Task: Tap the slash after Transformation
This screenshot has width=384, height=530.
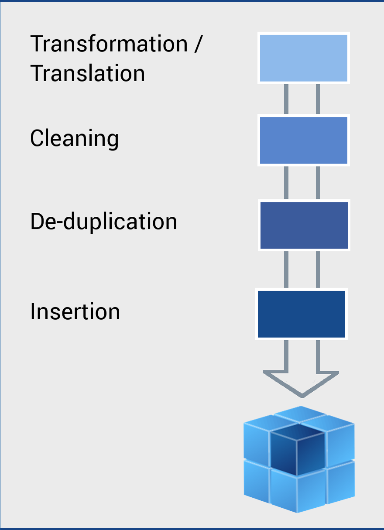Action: [x=198, y=44]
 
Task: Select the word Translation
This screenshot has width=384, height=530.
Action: [x=88, y=73]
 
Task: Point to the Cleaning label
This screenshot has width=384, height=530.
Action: [x=75, y=139]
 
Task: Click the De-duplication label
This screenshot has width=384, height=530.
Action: [x=104, y=221]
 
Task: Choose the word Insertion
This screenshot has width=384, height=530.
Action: [x=75, y=311]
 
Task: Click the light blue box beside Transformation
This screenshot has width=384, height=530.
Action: [x=304, y=58]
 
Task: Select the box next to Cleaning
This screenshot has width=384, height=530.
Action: [x=304, y=140]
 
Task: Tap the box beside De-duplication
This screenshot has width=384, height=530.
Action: [x=304, y=225]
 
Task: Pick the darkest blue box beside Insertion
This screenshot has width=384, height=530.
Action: [x=302, y=314]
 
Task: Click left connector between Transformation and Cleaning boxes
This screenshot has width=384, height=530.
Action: [x=286, y=99]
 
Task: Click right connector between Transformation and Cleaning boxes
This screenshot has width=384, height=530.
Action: [x=318, y=99]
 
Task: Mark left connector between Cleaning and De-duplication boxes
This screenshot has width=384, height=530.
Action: [x=286, y=182]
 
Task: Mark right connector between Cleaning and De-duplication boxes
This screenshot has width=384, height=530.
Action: [x=318, y=182]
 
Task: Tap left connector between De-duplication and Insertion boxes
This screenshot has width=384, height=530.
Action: [x=286, y=269]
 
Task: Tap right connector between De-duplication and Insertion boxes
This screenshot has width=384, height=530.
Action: [x=318, y=269]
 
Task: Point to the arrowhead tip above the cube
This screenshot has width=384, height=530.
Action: [x=302, y=395]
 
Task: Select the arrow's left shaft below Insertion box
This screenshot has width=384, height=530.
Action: [x=286, y=356]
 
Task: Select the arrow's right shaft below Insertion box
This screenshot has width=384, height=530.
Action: [x=318, y=356]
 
